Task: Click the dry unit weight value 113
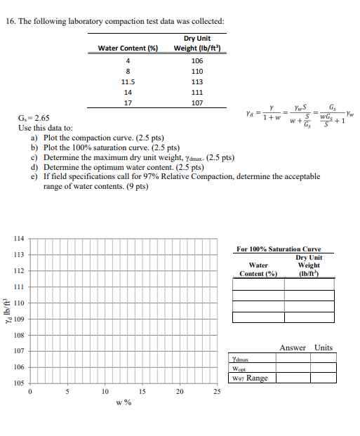(x=196, y=81)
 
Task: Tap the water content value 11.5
(x=128, y=81)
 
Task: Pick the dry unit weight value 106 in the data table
(x=196, y=60)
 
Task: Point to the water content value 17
(x=128, y=103)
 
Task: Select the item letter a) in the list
(x=35, y=139)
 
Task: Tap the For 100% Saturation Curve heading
(x=279, y=249)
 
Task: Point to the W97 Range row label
(x=249, y=378)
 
